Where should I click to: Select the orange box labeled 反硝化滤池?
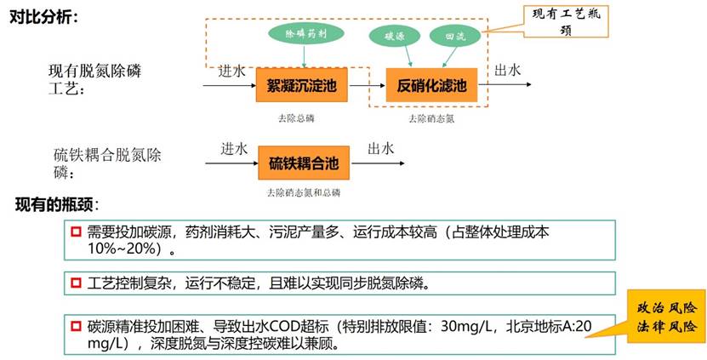[432, 85]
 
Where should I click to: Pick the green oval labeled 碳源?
[395, 37]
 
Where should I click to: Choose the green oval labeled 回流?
[453, 37]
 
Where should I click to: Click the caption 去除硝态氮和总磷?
[303, 192]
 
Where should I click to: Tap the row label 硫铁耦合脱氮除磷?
[105, 163]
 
